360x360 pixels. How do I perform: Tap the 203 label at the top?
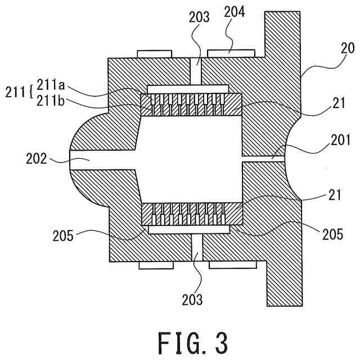[x=199, y=17]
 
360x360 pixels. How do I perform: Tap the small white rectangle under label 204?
[x=231, y=52]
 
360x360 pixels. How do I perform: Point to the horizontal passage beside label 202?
[x=101, y=160]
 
